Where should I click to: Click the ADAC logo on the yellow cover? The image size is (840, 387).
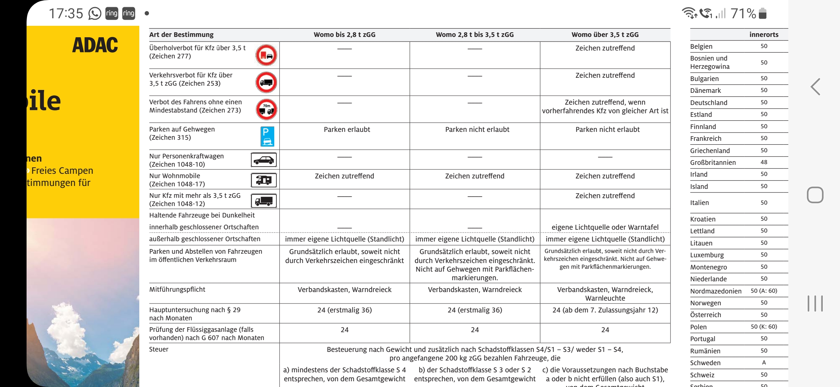click(x=95, y=45)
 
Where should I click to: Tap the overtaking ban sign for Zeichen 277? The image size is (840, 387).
click(x=266, y=55)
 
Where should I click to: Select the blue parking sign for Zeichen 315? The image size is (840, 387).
click(x=267, y=136)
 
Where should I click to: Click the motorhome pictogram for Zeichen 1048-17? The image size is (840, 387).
click(x=263, y=180)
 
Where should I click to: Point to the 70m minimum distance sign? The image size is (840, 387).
click(x=266, y=109)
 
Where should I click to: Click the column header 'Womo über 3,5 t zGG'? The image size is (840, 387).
click(x=605, y=35)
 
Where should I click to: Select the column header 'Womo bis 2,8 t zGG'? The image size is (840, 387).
click(x=344, y=35)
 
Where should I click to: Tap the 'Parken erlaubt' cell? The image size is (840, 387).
click(x=347, y=130)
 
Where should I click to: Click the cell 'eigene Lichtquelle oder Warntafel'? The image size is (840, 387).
click(x=605, y=227)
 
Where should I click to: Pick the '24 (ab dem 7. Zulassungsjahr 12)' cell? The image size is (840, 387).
click(x=605, y=310)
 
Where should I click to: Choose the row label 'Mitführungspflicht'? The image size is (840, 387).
click(x=177, y=290)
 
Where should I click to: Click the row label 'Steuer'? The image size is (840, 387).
click(x=159, y=349)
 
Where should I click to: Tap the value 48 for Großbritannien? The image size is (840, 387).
click(x=764, y=162)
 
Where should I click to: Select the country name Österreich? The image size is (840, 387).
click(x=705, y=315)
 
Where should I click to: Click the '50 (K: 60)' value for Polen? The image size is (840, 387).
click(x=764, y=327)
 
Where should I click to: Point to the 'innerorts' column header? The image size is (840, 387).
click(x=764, y=35)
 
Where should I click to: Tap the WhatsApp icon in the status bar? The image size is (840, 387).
click(x=95, y=14)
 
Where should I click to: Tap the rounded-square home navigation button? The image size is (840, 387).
click(x=815, y=195)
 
